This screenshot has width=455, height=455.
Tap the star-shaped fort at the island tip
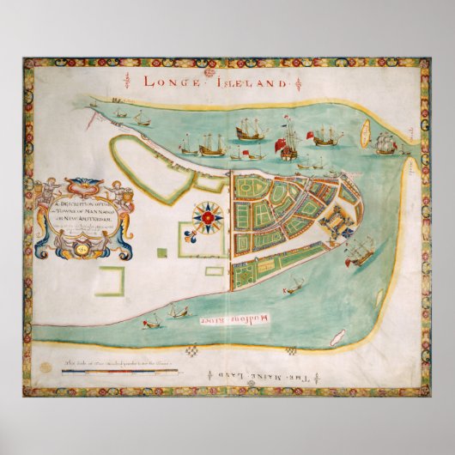pyautogui.click(x=337, y=222)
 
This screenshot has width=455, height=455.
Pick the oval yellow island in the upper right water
pyautogui.click(x=364, y=134)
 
